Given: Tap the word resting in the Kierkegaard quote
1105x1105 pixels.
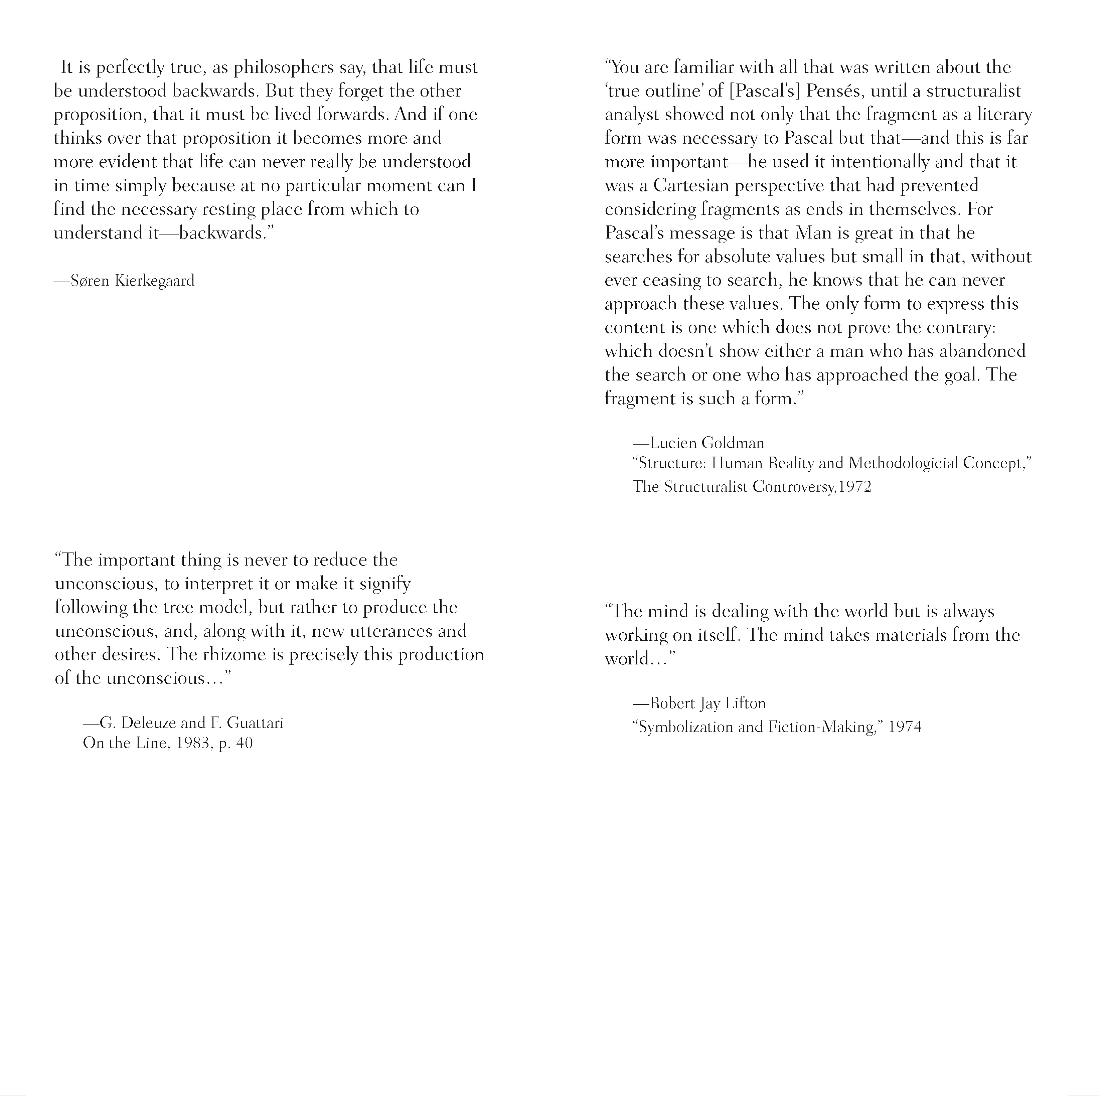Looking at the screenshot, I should pyautogui.click(x=225, y=209).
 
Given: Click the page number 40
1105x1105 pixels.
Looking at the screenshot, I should pyautogui.click(x=244, y=744).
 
